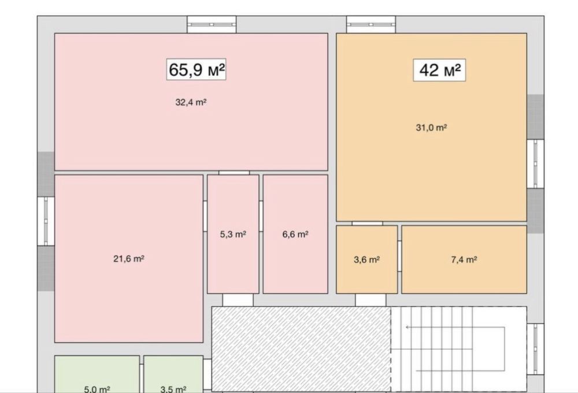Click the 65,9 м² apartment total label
point(196,69)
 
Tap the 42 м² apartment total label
point(439,70)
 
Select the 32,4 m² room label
point(191,102)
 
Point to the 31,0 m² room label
point(431,128)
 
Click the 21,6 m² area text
point(129,259)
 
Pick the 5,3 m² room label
point(233,234)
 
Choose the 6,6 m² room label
point(295,234)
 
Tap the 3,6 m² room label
point(367,259)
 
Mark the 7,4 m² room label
point(464,259)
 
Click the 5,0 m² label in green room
point(97,389)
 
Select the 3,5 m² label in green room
point(173,389)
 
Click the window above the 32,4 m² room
point(212,24)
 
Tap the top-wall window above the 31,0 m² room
point(371,24)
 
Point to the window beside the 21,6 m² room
point(46,221)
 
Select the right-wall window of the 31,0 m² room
point(536,164)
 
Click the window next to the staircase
point(536,349)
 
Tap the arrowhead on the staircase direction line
point(407,327)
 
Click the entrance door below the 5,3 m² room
point(238,300)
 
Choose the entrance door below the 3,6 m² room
point(370,300)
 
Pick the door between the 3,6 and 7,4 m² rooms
point(399,256)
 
